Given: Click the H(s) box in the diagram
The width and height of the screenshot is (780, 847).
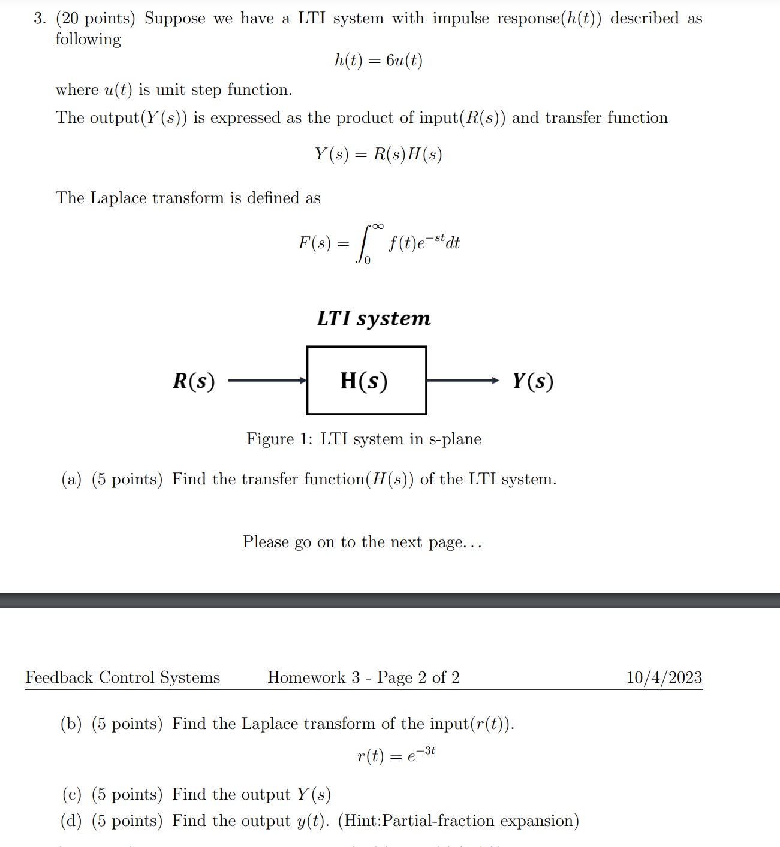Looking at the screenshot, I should point(366,381).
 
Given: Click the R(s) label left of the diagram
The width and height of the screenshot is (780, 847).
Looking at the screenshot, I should point(194,381).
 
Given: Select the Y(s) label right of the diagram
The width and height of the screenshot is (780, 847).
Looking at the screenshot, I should point(532,381).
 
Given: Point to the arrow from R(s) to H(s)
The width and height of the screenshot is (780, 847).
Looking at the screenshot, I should point(267,381).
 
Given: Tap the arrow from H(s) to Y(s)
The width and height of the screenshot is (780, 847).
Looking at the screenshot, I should point(462,381).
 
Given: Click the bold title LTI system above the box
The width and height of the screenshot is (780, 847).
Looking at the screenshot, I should point(374,318).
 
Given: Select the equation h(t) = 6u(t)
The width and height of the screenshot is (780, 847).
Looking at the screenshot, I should point(378,61).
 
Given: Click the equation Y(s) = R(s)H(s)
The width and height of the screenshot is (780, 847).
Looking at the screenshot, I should point(378,155).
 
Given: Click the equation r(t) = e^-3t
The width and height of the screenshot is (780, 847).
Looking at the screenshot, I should point(396,755).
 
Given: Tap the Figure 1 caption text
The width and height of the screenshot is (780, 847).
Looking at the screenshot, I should point(363,439).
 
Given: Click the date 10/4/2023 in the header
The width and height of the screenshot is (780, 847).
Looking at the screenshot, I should point(664,677).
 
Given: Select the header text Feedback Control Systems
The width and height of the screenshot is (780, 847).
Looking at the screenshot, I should point(122,677).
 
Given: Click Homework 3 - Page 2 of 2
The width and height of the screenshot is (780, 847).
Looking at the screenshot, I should point(363,677).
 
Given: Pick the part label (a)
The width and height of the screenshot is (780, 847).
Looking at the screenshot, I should point(71,480).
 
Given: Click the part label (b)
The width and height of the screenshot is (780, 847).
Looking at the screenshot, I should point(71,724).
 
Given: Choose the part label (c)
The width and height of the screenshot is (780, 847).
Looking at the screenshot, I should point(71,795).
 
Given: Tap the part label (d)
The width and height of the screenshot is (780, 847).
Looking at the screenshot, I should point(71,821).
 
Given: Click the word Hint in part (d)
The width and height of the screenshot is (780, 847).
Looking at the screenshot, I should point(361,821).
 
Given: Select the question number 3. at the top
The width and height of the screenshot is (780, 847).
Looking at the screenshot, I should point(40,19).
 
